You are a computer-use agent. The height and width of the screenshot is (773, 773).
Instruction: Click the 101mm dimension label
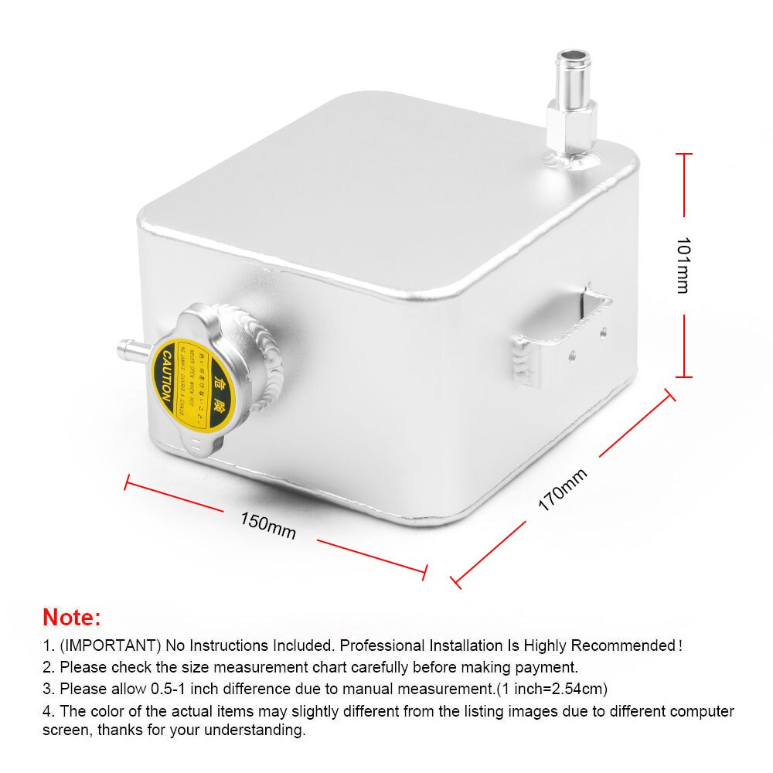click(x=682, y=264)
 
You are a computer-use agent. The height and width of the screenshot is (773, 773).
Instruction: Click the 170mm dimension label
click(x=564, y=490)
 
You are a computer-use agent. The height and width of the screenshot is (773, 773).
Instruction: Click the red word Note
click(x=71, y=617)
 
